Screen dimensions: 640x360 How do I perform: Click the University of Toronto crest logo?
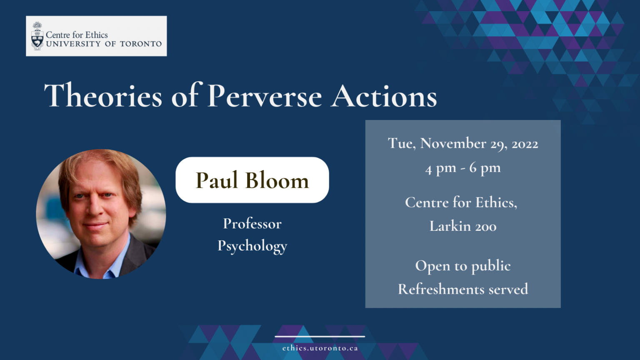[37, 36]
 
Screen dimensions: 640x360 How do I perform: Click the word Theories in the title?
[103, 95]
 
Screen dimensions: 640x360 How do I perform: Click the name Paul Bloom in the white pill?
[252, 180]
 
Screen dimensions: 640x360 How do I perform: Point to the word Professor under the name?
[252, 223]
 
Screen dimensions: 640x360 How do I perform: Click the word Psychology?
[252, 246]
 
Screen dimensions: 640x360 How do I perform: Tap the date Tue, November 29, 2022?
[463, 144]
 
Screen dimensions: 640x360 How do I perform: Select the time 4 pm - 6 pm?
[463, 168]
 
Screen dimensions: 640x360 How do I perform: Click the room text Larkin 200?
[463, 226]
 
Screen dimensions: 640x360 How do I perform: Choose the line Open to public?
[463, 266]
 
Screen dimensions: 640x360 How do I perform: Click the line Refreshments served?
[463, 289]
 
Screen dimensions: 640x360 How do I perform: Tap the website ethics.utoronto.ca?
[320, 348]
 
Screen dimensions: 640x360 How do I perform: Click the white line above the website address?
[320, 337]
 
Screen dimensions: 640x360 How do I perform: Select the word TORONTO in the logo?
[140, 44]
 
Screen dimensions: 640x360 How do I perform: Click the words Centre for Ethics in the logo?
[77, 35]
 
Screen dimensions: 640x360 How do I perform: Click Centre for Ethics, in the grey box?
[461, 202]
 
